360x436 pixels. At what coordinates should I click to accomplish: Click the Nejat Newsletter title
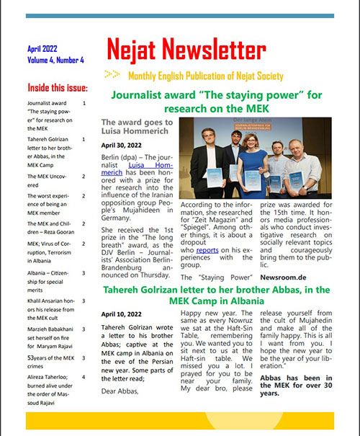click(x=186, y=50)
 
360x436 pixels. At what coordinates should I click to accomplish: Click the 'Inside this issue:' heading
click(x=57, y=89)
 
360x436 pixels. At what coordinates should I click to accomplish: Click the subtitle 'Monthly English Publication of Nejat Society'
click(x=205, y=76)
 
